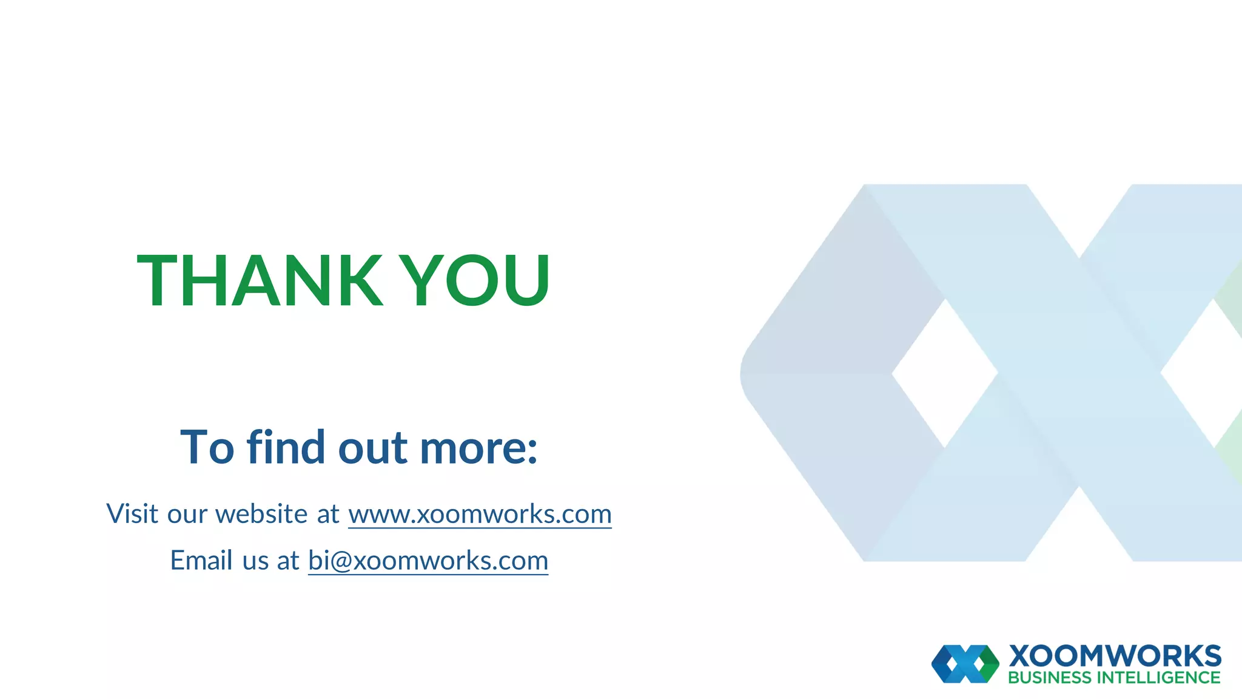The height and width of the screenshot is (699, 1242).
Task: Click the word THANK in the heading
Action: click(260, 280)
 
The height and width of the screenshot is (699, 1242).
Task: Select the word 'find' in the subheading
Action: click(286, 447)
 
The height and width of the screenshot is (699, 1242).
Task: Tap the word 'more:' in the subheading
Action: click(478, 448)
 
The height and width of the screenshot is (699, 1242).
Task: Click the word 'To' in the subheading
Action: click(207, 448)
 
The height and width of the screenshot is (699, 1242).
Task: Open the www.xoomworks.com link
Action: click(480, 515)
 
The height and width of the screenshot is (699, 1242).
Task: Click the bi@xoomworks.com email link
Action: click(428, 561)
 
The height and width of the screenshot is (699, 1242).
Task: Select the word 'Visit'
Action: click(132, 514)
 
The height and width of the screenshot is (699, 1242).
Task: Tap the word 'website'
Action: click(261, 514)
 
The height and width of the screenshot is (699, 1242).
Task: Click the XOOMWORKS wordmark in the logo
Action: click(1115, 656)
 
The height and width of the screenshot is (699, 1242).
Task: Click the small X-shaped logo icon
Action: click(965, 664)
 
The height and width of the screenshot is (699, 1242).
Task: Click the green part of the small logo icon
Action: click(989, 664)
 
